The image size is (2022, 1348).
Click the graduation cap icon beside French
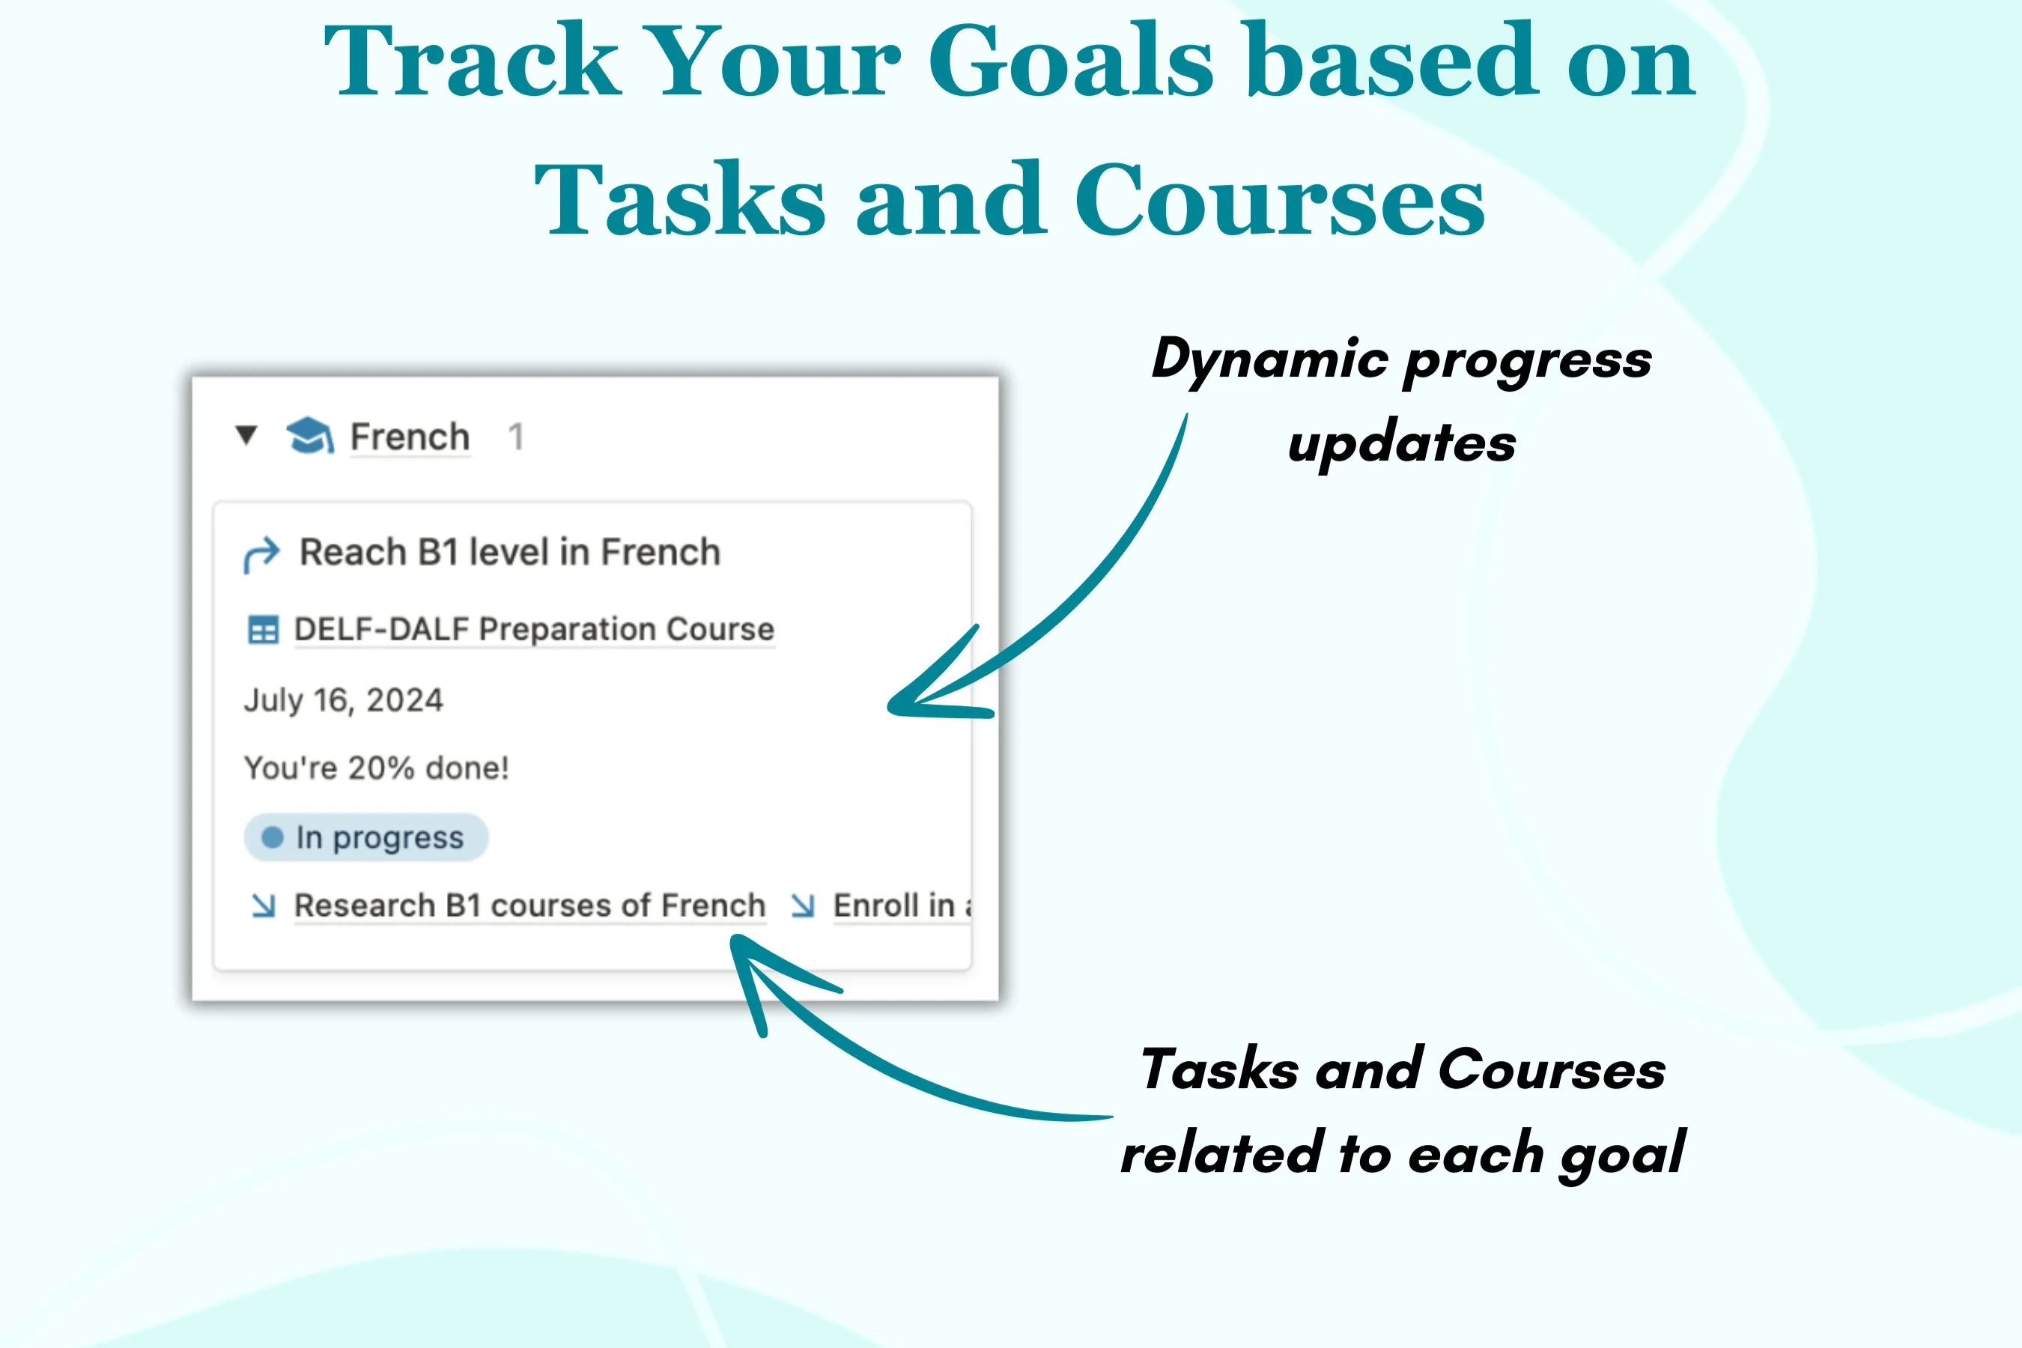[x=309, y=436]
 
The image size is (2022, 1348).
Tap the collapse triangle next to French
[x=246, y=435]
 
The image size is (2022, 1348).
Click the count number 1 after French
[x=516, y=437]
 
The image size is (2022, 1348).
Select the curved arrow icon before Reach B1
[x=261, y=554]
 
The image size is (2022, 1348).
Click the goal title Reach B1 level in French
[x=510, y=552]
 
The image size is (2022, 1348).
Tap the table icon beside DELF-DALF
[x=263, y=629]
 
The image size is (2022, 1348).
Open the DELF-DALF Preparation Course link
[x=534, y=629]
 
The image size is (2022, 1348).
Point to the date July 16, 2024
[x=343, y=699]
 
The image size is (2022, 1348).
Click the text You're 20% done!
[x=377, y=768]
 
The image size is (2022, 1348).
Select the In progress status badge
[x=366, y=837]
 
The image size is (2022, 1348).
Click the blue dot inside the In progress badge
[x=273, y=837]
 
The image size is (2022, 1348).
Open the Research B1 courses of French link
[x=529, y=905]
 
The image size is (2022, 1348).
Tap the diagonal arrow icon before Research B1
[x=263, y=905]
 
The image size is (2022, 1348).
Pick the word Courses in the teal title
[x=1279, y=199]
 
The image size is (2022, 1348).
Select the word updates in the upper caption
[x=1401, y=444]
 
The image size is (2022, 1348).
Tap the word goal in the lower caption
[x=1622, y=1155]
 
